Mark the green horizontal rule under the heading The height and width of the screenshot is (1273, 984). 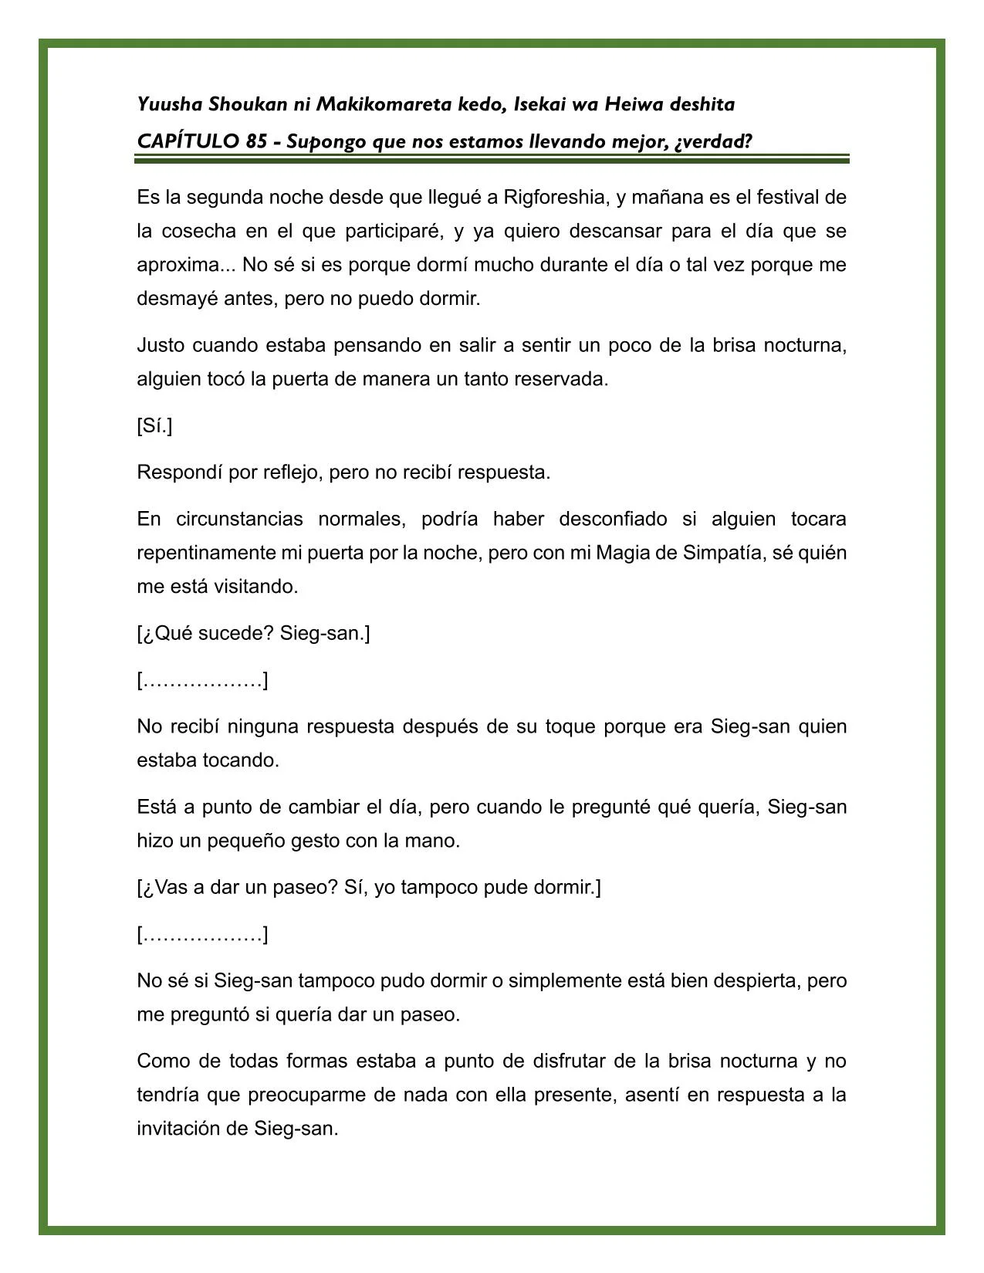point(492,159)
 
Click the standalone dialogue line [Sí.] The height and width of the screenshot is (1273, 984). point(154,426)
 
